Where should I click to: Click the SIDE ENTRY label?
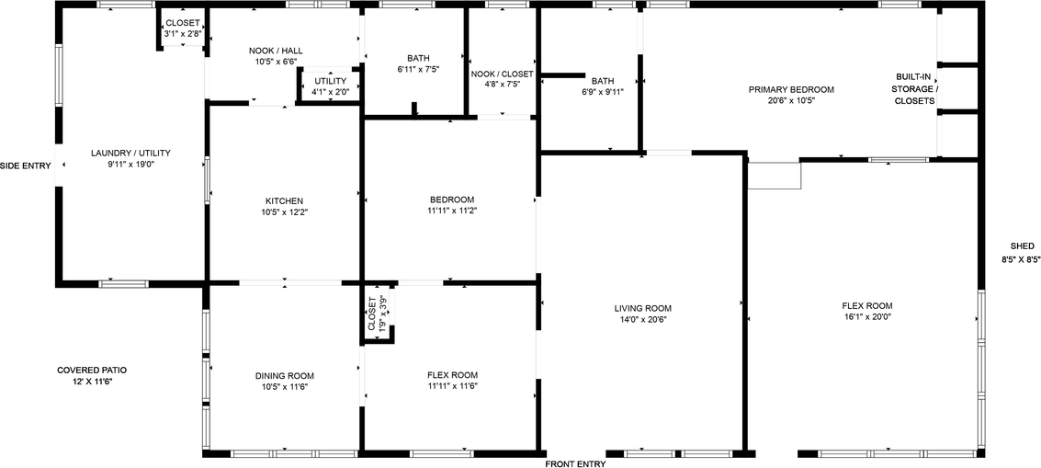[26, 166]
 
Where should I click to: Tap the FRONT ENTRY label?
[575, 464]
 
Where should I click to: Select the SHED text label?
[1022, 246]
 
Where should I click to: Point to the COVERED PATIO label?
[92, 370]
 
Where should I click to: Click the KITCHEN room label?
[284, 200]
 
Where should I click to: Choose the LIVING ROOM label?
[643, 308]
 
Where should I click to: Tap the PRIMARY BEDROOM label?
[791, 89]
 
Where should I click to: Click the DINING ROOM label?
[284, 375]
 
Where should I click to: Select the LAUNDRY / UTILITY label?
[130, 153]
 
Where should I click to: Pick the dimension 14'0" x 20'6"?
[643, 319]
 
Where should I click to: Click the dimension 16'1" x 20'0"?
[866, 316]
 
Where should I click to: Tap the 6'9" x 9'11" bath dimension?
[603, 91]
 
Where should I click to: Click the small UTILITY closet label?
[330, 81]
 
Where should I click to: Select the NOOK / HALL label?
[276, 51]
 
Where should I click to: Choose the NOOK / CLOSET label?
[502, 74]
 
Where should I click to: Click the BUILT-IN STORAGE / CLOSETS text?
[915, 88]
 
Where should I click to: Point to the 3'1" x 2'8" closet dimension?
[183, 34]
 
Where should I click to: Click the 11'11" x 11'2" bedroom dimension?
[452, 211]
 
